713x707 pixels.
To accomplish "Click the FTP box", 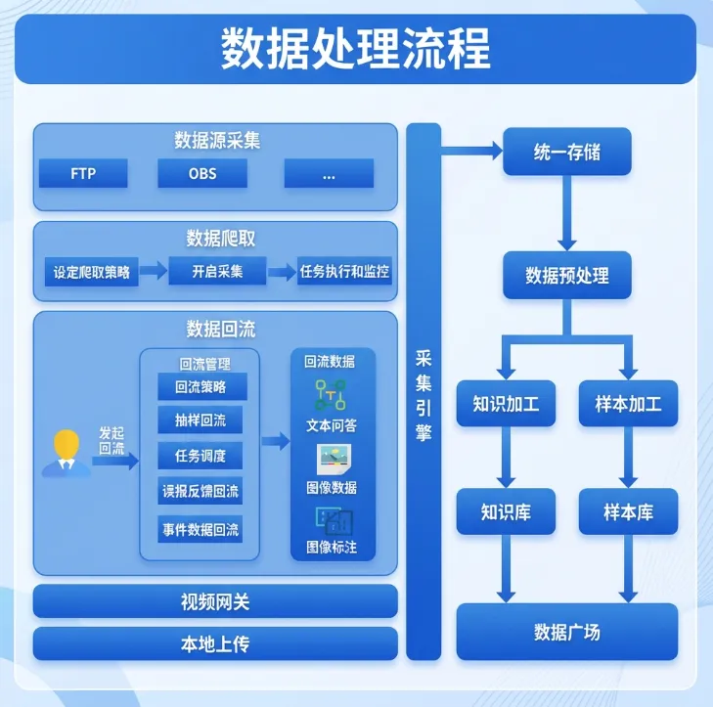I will point(84,175).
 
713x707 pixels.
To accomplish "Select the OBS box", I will point(202,175).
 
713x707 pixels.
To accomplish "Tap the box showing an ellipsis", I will point(329,175).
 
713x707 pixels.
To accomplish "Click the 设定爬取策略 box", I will point(92,272).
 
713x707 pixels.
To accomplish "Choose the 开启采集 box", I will point(217,272).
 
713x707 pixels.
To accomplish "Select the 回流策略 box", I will point(201,387).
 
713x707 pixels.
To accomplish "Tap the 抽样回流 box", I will point(201,421).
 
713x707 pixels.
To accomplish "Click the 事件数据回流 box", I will point(201,529).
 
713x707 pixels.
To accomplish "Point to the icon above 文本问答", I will point(331,395).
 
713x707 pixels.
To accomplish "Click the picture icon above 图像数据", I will point(331,458).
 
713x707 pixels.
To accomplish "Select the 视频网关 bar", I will point(215,601).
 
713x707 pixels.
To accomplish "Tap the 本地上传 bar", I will point(215,644).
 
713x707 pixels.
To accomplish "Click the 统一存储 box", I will point(567,153).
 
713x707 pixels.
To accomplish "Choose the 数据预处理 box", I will point(567,276).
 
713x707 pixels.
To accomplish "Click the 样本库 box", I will point(628,511).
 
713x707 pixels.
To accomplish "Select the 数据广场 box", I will point(567,632).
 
